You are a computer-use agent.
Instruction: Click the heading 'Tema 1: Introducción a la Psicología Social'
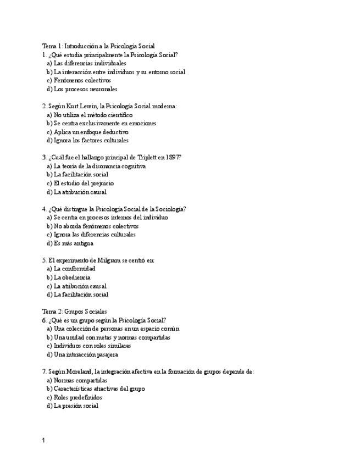click(x=98, y=46)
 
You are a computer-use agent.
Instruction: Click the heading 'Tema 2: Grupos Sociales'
click(x=74, y=312)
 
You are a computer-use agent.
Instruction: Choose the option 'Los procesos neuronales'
click(x=85, y=89)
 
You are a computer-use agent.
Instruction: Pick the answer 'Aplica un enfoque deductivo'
click(x=91, y=132)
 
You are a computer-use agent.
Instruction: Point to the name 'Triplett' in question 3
click(x=135, y=157)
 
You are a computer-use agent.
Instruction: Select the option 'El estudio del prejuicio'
click(x=84, y=183)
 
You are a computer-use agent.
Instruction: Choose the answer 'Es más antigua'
click(x=73, y=243)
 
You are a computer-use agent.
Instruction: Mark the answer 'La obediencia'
click(x=72, y=278)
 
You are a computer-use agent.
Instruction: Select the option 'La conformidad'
click(x=74, y=269)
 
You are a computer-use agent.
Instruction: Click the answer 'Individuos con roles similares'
click(x=92, y=346)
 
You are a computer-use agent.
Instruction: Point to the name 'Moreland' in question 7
click(x=79, y=371)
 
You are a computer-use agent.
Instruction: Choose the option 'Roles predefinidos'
click(x=77, y=397)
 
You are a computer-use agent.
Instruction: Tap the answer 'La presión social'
click(x=76, y=406)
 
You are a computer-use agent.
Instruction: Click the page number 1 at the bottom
click(x=43, y=440)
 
